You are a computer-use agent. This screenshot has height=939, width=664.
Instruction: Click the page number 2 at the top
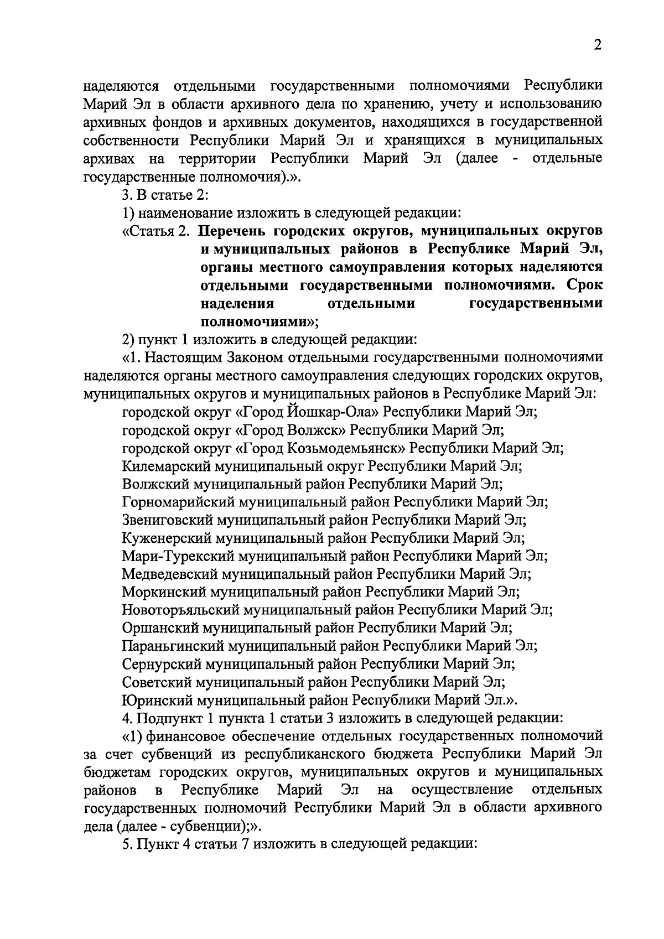tap(597, 45)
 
